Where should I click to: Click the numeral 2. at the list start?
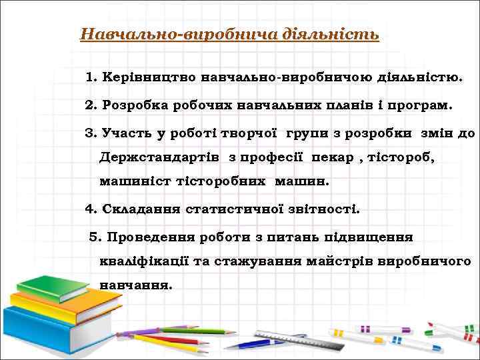coord(91,105)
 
